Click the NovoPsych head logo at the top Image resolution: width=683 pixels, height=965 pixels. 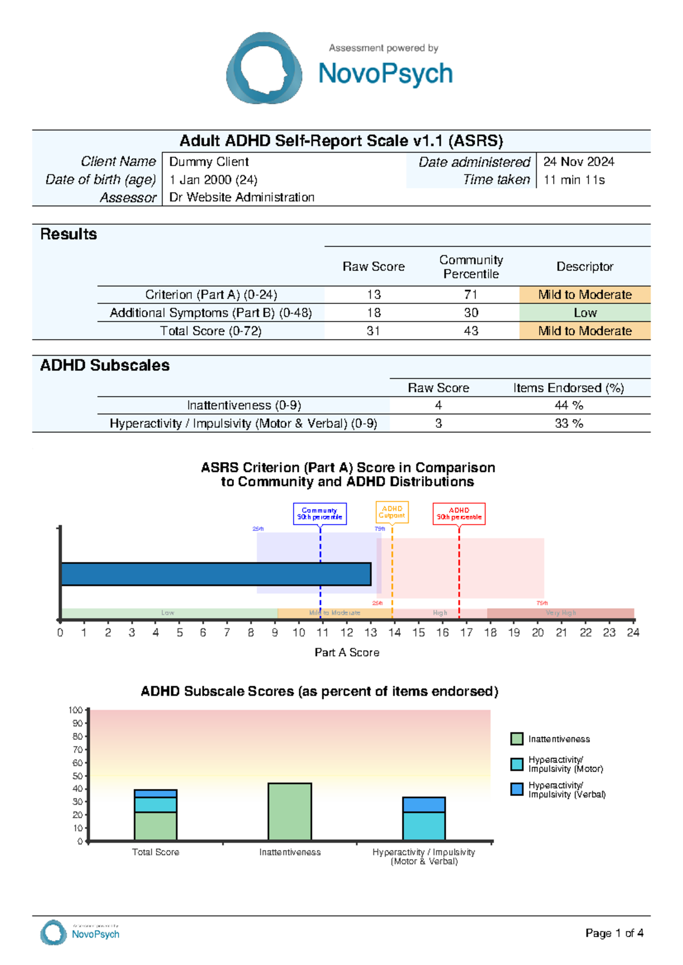(264, 68)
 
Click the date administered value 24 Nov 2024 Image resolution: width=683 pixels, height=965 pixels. (578, 162)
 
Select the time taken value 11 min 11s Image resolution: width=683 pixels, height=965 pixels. (574, 180)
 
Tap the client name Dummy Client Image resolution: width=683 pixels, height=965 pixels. (209, 162)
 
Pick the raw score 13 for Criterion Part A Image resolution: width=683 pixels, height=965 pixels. (373, 295)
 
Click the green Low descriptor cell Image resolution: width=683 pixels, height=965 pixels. (585, 313)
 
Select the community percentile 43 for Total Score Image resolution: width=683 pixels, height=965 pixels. (471, 331)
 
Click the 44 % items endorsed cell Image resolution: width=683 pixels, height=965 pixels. (569, 405)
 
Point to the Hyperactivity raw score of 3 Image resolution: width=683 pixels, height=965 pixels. (438, 423)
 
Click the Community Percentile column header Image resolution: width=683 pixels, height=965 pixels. (471, 267)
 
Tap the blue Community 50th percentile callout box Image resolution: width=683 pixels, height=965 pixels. (320, 514)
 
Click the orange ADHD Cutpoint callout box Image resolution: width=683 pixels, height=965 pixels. (392, 512)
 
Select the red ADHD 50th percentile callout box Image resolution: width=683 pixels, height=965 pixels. (459, 514)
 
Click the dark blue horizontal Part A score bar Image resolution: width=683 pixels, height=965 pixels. (216, 574)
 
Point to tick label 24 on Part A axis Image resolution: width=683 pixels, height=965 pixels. (633, 633)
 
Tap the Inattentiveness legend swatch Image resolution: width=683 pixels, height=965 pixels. (517, 739)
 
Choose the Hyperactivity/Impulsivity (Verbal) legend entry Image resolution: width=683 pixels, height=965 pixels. (566, 790)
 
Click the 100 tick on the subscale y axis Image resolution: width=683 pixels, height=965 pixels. (75, 710)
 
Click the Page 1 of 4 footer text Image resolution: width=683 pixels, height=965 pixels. (614, 933)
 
